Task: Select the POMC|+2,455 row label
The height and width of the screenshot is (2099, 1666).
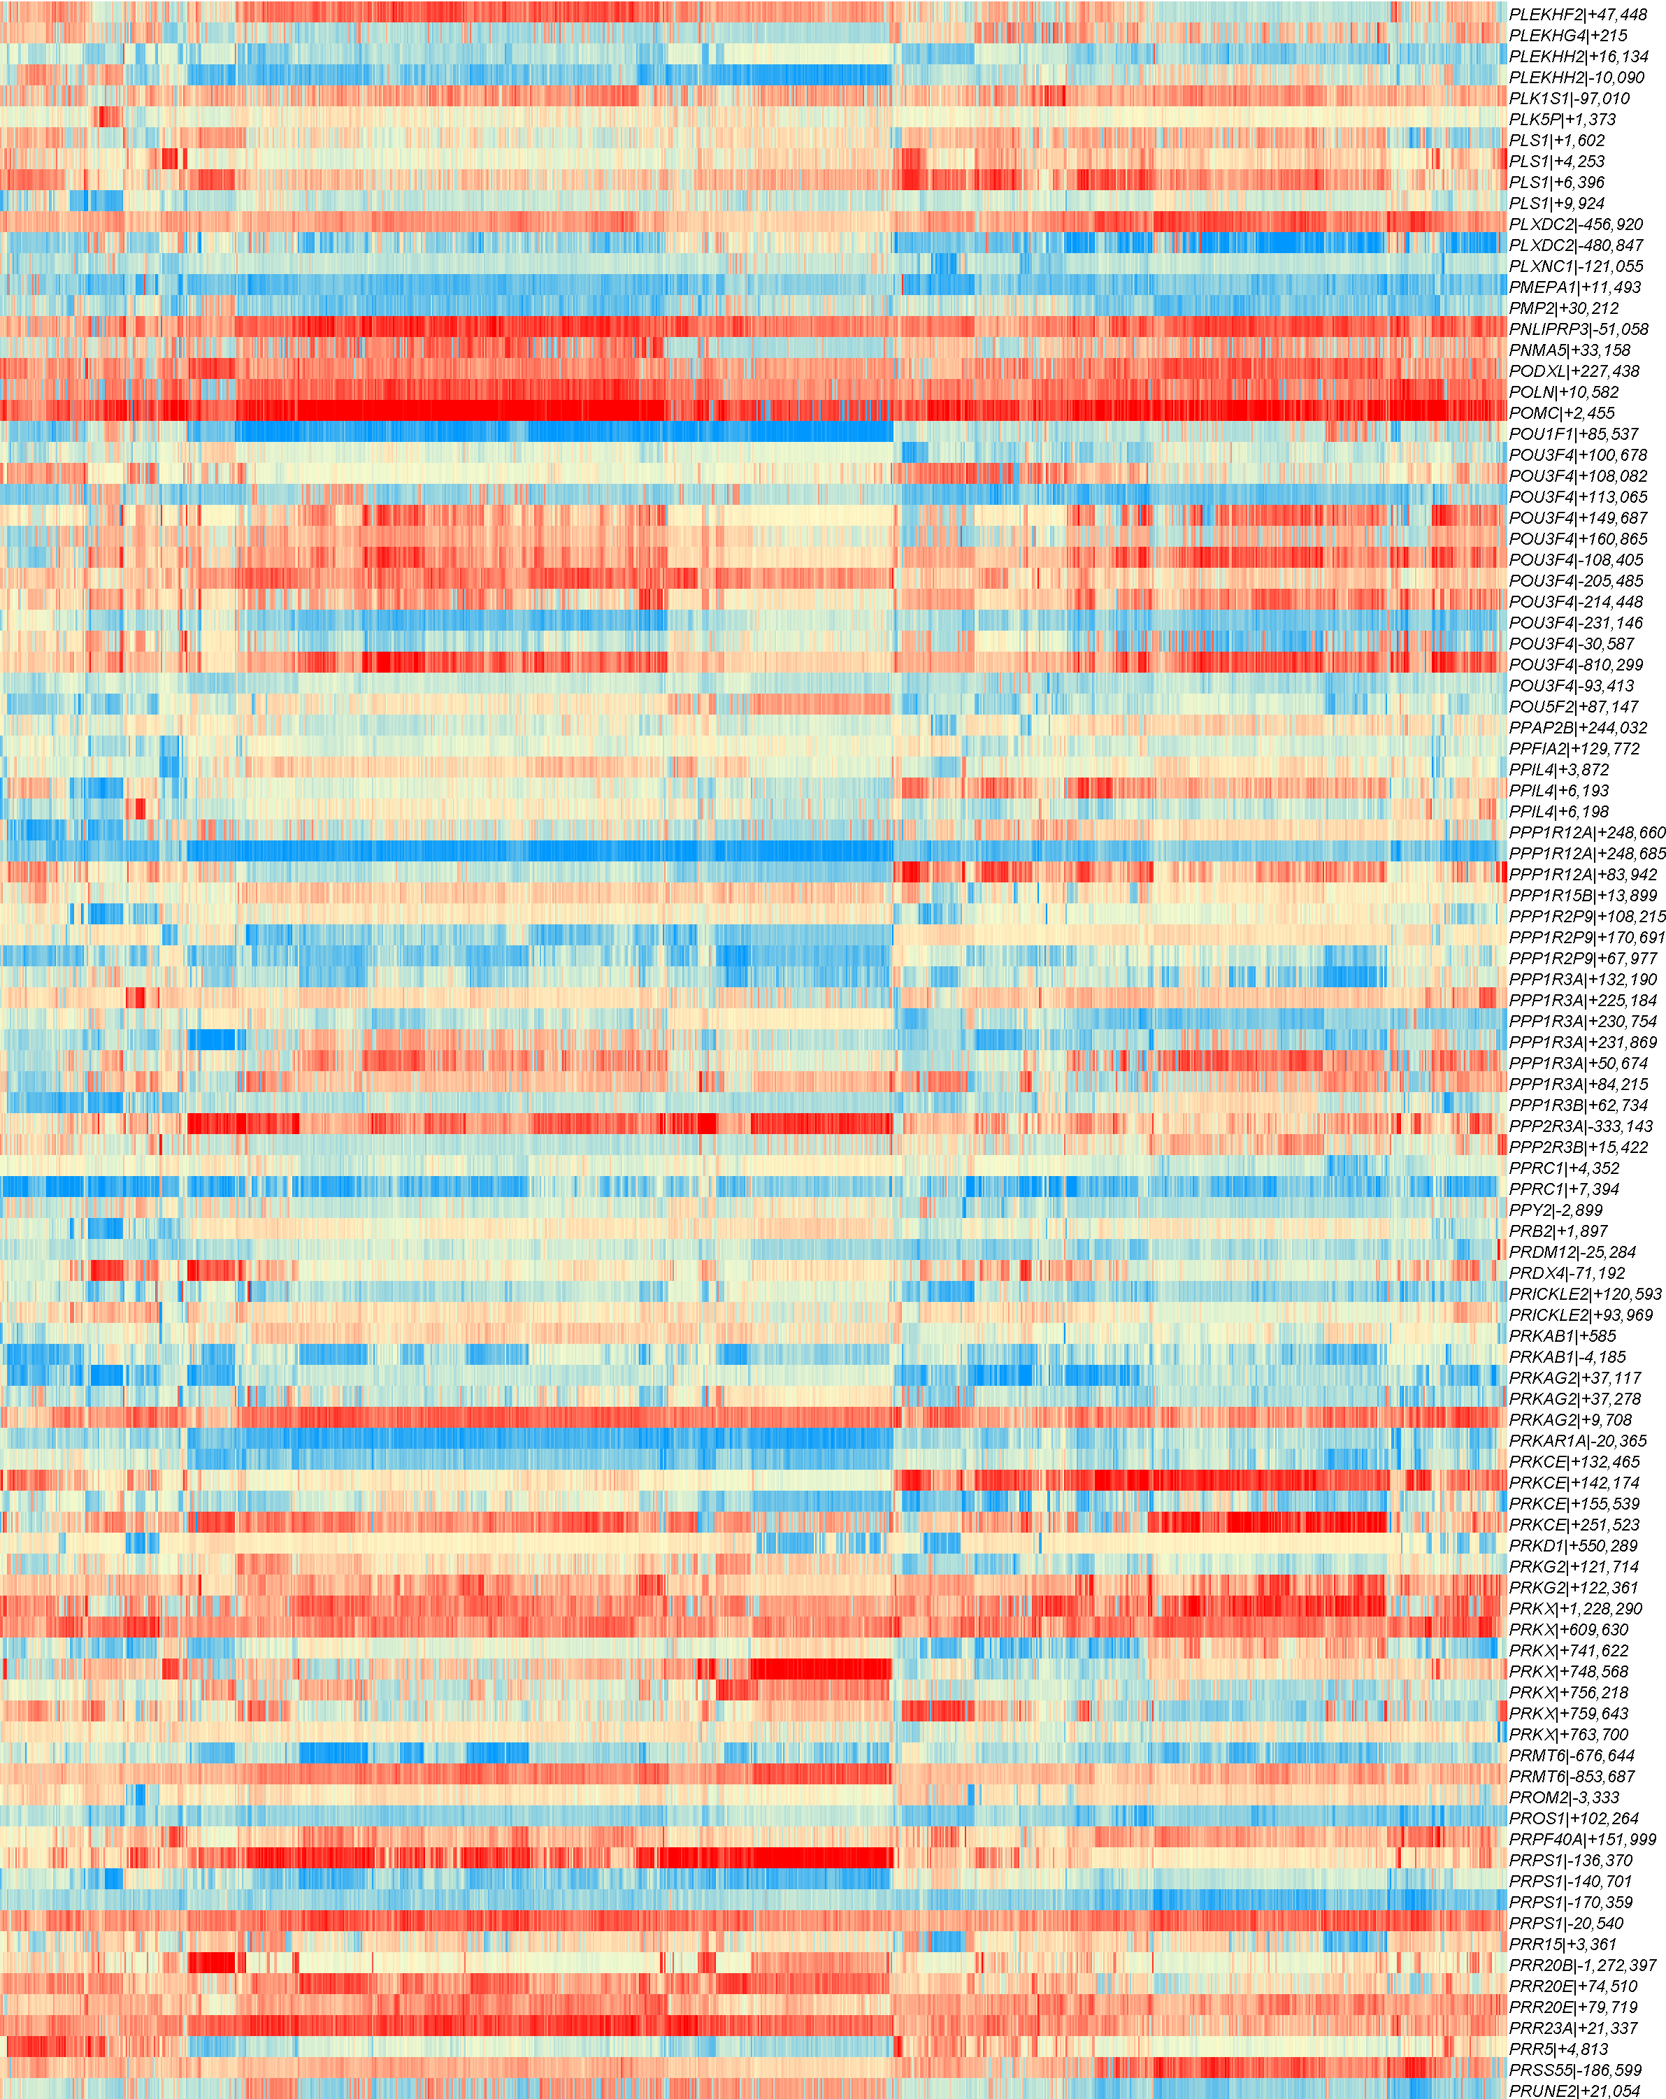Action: pos(1561,413)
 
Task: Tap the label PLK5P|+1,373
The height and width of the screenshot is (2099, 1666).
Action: pos(1562,120)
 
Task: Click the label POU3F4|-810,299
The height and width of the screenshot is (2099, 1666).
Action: pos(1575,665)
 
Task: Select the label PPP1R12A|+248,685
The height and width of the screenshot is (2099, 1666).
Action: pos(1587,854)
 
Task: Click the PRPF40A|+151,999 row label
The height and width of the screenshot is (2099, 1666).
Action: pos(1582,1839)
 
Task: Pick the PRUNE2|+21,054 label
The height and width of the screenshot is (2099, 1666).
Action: pos(1574,2090)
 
